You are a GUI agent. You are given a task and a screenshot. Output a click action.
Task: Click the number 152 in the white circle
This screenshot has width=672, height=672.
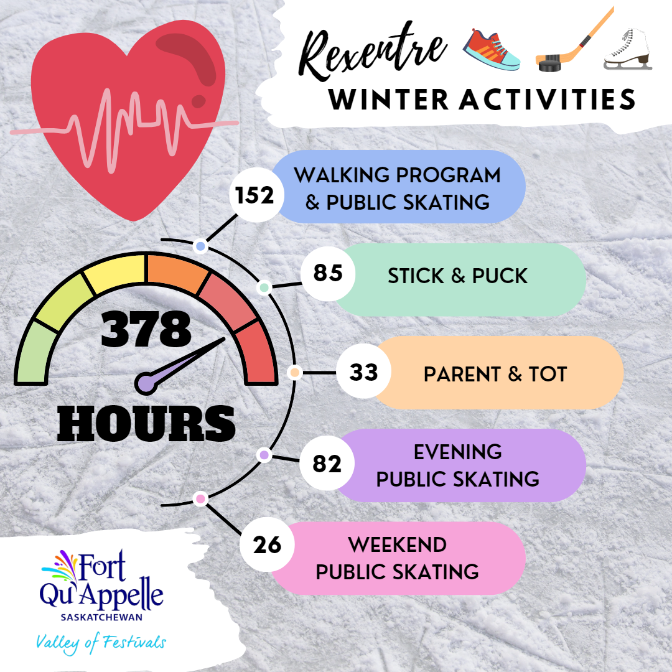(254, 195)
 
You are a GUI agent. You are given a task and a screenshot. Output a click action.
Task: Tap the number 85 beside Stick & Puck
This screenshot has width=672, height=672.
(328, 273)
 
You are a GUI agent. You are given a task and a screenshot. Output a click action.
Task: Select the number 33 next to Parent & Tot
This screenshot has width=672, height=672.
(363, 372)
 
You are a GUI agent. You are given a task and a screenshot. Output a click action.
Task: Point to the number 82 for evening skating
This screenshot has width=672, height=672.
(327, 464)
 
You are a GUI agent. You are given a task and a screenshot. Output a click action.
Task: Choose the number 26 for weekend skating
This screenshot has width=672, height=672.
(267, 545)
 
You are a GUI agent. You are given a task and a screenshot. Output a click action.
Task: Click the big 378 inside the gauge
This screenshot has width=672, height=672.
(146, 329)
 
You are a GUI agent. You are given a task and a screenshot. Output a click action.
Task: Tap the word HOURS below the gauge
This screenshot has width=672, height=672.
(146, 424)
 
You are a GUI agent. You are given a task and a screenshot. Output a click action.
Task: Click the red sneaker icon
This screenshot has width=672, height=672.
(492, 50)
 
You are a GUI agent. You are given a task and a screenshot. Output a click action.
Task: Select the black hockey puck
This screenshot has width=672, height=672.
(550, 63)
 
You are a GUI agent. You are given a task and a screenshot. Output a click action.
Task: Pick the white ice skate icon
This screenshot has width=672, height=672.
(628, 49)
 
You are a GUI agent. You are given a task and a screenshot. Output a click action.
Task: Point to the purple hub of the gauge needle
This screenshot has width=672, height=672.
(145, 383)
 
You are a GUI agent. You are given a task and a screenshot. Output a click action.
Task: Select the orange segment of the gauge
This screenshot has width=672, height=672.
(177, 274)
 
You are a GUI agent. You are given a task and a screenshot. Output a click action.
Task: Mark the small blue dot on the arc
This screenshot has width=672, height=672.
(200, 246)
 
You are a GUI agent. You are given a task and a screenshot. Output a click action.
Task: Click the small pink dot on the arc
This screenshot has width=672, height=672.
(200, 499)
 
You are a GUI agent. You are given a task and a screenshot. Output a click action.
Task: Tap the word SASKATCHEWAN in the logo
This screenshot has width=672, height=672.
(101, 618)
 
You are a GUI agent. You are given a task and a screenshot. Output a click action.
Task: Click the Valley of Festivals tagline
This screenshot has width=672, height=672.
(101, 643)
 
